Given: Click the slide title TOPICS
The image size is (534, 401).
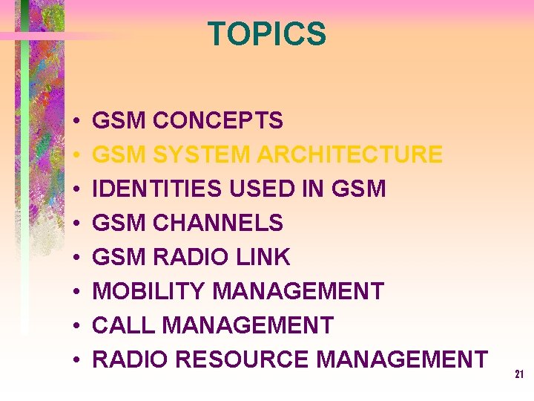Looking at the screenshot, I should pyautogui.click(x=266, y=34).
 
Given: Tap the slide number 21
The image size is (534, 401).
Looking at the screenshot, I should pyautogui.click(x=519, y=375).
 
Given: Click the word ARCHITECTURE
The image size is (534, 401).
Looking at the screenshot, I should pyautogui.click(x=349, y=154).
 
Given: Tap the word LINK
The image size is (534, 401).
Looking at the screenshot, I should pyautogui.click(x=263, y=257).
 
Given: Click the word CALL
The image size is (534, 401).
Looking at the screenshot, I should pyautogui.click(x=123, y=325).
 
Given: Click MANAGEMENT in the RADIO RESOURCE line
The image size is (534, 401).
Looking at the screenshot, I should pyautogui.click(x=402, y=359).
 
